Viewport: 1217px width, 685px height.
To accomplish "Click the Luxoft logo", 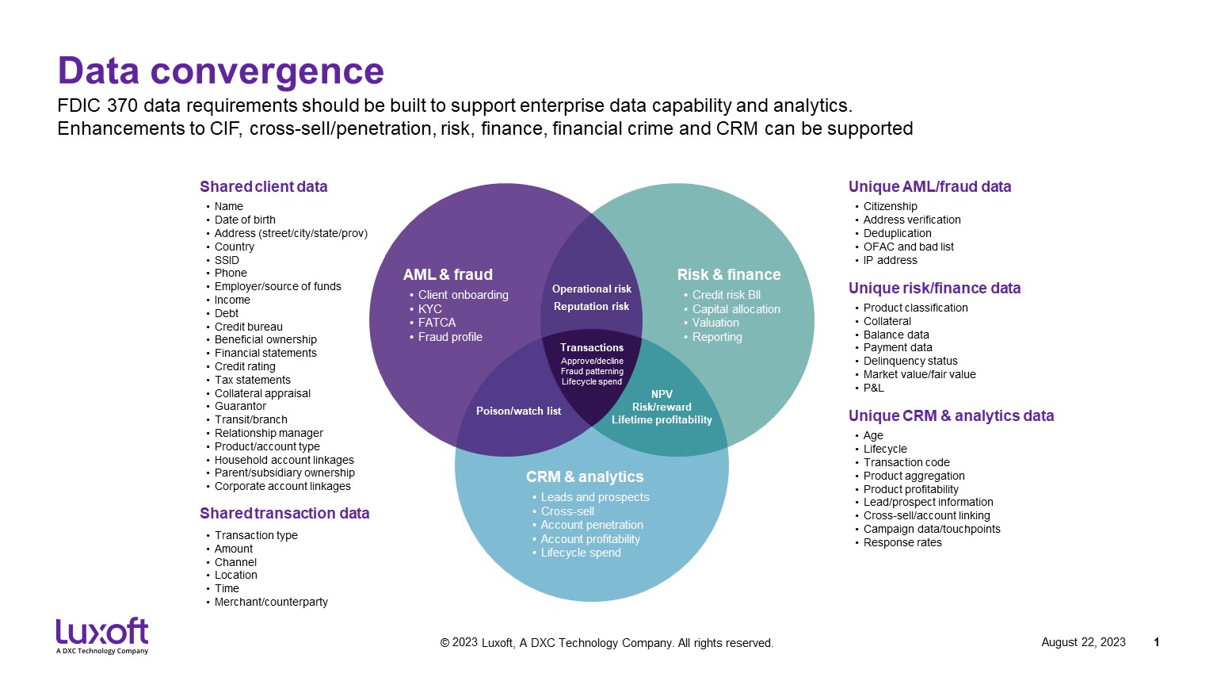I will [102, 634].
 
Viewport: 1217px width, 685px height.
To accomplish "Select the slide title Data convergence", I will [220, 71].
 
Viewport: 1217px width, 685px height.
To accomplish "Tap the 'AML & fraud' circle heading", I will [448, 275].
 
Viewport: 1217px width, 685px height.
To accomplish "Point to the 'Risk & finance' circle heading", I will [728, 275].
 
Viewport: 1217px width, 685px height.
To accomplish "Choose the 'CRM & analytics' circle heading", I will [584, 477].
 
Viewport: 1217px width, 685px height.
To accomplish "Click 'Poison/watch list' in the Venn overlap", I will [518, 411].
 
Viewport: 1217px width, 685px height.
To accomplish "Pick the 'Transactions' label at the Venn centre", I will [592, 348].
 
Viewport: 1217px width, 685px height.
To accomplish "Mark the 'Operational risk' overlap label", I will [592, 289].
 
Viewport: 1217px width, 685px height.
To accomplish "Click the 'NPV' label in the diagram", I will [662, 394].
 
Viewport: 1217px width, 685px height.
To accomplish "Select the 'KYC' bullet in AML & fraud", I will [430, 309].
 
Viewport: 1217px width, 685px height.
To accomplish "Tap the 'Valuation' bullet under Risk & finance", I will [715, 323].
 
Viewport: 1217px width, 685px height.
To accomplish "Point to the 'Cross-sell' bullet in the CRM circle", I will [567, 511].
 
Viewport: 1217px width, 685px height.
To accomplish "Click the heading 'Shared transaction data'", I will [284, 514].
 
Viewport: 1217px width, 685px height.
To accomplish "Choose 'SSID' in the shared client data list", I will [227, 260].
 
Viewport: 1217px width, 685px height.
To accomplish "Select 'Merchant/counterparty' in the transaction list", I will [271, 602].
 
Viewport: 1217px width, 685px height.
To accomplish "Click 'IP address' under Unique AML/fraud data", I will [890, 260].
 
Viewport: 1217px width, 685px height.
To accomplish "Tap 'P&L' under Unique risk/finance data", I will [873, 388].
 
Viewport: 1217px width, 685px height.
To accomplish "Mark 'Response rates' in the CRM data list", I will [902, 542].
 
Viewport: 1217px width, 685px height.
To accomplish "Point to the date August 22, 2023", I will [1083, 642].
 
